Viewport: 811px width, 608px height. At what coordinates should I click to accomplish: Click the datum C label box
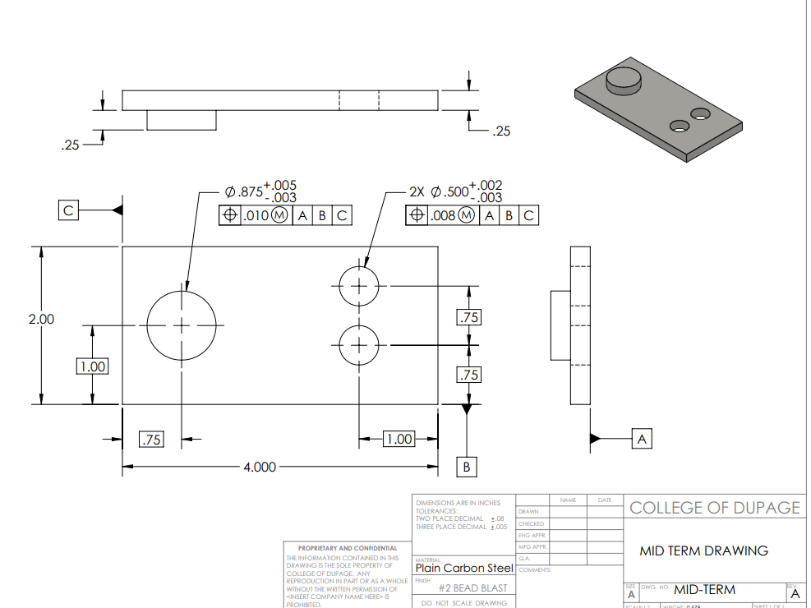pos(69,210)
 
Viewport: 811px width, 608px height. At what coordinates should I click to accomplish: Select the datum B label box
pos(467,466)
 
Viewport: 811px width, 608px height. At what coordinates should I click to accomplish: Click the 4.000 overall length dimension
pos(259,467)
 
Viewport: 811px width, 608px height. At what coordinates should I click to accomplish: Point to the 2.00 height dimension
pos(41,319)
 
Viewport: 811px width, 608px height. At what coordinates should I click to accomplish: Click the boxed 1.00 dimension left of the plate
pos(92,366)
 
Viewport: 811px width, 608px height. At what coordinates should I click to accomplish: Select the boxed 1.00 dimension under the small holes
pos(399,439)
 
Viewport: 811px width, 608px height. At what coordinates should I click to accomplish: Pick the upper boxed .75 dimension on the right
pos(468,317)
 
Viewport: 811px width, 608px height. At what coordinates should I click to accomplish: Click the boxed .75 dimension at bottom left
pos(151,440)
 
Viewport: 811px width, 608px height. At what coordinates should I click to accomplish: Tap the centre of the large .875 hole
pos(182,325)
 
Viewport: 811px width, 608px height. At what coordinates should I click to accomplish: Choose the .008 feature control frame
pos(472,215)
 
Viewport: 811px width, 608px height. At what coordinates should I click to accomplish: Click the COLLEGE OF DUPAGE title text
pos(714,507)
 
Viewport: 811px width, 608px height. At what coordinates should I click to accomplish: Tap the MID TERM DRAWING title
pos(703,550)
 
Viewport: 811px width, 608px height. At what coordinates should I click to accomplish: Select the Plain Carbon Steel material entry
pos(464,568)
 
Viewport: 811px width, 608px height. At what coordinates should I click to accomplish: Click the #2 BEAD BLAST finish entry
pos(472,587)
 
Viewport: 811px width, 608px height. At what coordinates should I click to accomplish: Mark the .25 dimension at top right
pos(500,131)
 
